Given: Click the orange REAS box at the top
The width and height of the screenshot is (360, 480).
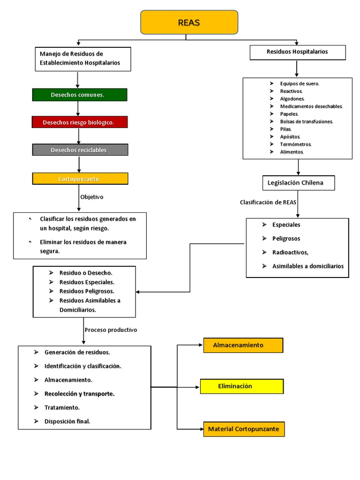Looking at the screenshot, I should point(189,22).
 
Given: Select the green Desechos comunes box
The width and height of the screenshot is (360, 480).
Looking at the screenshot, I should point(79,95).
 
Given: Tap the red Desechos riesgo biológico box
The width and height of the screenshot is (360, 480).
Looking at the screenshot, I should point(79,122).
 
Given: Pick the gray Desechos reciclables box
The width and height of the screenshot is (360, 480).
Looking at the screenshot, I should point(80,150).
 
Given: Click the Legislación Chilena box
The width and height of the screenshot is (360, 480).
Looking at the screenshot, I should point(298,183).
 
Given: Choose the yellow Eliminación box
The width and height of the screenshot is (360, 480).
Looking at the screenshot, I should point(241,386).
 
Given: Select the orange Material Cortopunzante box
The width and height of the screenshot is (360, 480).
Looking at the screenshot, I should point(244,429).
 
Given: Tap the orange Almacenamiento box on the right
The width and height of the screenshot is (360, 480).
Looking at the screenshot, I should point(243,345).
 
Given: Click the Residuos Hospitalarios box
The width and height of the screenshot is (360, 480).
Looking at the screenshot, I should point(298,52).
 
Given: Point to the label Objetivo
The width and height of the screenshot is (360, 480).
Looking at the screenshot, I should point(92,197).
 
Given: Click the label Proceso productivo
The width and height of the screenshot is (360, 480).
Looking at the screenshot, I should point(111,330).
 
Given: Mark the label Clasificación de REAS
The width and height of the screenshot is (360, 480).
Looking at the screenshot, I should point(268,202).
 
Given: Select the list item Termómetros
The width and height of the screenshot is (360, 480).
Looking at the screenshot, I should point(296,144).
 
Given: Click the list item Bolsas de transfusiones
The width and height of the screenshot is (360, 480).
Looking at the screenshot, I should point(307,121).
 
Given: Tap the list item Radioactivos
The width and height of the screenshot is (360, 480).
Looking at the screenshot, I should point(290,252).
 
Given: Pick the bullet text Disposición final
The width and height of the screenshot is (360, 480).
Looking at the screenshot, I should point(67,421).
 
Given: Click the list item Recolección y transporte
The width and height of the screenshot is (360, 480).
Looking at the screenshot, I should point(79,394).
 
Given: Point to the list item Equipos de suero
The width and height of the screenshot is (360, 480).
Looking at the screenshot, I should point(300,83).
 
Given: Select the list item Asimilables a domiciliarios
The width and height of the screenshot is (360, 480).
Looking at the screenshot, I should point(307,266).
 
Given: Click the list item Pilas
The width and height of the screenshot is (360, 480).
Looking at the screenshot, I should point(286,129).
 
